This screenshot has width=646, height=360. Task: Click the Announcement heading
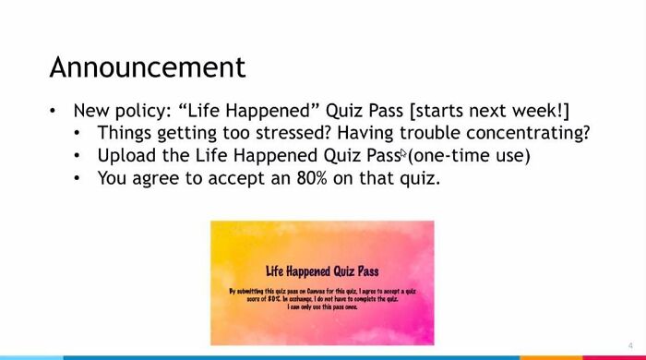click(147, 67)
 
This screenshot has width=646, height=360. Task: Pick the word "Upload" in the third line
click(126, 155)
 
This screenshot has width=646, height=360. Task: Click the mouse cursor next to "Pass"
click(403, 154)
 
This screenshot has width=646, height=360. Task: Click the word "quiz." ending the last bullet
click(419, 177)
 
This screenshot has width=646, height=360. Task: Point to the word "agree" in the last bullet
click(162, 178)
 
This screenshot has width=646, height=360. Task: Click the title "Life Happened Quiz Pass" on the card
click(322, 271)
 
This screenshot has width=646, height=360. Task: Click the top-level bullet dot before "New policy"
click(54, 111)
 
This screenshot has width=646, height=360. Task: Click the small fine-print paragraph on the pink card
click(322, 298)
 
